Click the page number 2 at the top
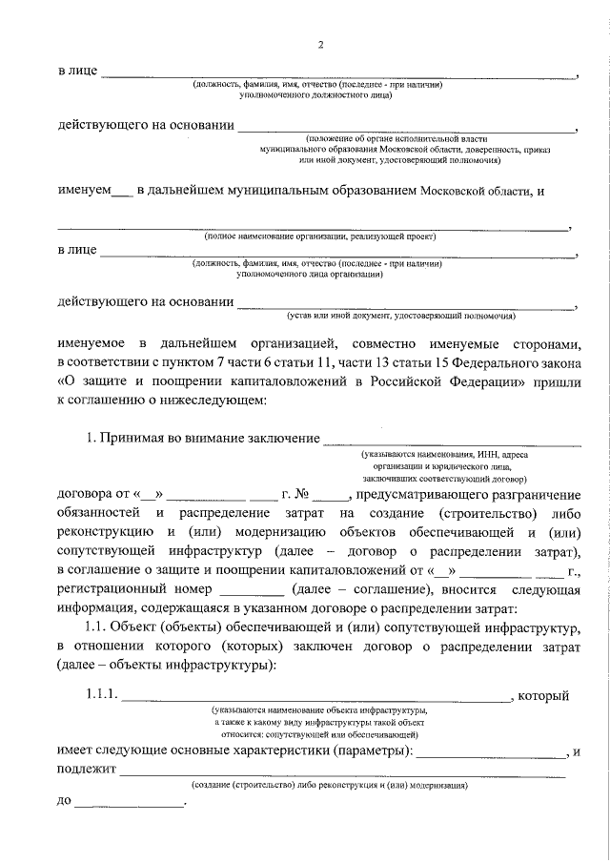pyautogui.click(x=321, y=45)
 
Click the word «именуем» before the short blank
pyautogui.click(x=83, y=191)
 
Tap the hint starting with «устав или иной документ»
pyautogui.click(x=401, y=314)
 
